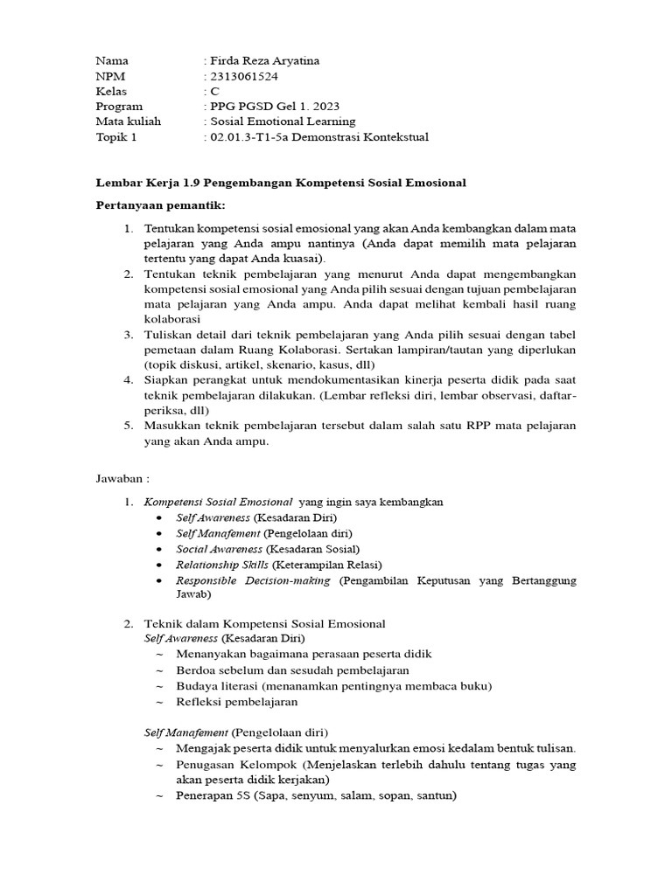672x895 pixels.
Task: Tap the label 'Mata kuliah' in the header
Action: click(x=128, y=121)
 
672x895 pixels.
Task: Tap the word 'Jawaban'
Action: click(x=118, y=479)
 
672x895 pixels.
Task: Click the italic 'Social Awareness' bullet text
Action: click(x=219, y=549)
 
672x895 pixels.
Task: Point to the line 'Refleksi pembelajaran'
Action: click(x=236, y=701)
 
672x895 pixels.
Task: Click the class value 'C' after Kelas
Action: click(x=214, y=91)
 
